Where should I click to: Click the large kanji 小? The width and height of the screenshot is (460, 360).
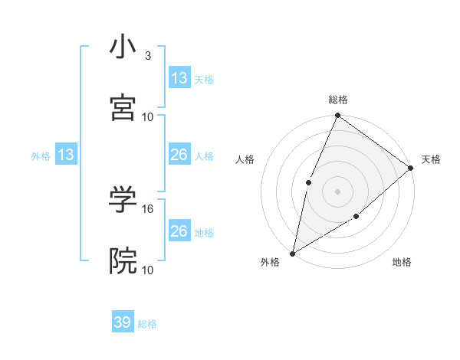pos(123,47)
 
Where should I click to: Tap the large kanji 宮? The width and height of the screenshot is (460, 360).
pos(123,107)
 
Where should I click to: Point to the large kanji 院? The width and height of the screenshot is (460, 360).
pos(123,260)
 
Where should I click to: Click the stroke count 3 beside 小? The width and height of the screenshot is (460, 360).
pos(147,56)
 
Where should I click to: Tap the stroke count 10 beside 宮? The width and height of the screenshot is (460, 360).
pos(148,116)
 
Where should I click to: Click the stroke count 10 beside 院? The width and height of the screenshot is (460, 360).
pos(148,270)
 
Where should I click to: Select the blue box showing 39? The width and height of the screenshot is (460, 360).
pos(123,322)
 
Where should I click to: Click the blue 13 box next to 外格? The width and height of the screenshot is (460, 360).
pos(66,155)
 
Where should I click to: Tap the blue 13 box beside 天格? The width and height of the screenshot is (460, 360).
pos(179,78)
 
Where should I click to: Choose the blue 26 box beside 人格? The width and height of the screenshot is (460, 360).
pos(179,155)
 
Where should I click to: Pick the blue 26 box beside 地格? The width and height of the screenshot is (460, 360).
pos(179,231)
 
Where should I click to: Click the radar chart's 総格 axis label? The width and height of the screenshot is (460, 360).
pos(338,100)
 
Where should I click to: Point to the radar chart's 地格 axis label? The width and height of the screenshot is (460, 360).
pos(402,263)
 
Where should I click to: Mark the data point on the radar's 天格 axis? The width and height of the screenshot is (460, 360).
pos(411,168)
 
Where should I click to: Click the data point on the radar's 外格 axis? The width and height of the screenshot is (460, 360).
pos(292,254)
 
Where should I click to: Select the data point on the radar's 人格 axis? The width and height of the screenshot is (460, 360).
pos(308,182)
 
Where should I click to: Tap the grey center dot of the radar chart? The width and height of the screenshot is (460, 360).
pos(337,191)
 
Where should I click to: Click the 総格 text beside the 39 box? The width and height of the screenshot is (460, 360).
pos(147,324)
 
